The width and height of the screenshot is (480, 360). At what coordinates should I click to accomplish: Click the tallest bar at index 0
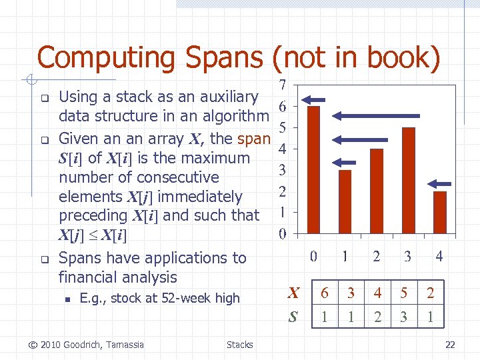313,169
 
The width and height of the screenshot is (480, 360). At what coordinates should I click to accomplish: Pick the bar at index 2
377,191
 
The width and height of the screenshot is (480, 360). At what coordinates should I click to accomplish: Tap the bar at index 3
408,180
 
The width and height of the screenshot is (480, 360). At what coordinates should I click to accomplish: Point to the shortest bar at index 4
440,212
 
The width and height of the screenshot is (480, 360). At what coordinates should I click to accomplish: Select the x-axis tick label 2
377,256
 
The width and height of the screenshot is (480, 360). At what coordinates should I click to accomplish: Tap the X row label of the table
292,293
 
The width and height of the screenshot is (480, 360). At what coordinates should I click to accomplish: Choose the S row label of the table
292,317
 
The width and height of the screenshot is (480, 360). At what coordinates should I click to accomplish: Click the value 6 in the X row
324,293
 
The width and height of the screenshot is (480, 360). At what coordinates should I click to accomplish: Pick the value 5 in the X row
403,293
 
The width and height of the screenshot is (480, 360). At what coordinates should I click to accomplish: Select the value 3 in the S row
403,317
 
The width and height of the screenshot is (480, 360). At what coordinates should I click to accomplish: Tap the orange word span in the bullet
253,139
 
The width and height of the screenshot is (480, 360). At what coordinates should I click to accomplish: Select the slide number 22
450,345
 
